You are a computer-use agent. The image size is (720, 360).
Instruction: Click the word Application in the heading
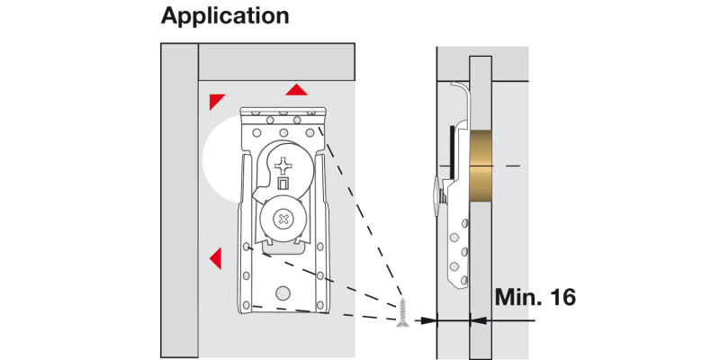(x=225, y=16)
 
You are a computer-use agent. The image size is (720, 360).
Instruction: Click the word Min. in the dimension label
(x=516, y=297)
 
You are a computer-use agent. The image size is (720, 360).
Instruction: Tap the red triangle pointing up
(x=295, y=90)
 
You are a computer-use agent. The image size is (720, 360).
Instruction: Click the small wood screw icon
(x=402, y=314)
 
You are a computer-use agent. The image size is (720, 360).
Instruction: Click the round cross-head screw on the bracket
(x=283, y=219)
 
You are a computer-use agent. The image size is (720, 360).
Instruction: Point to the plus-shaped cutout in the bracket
(x=285, y=166)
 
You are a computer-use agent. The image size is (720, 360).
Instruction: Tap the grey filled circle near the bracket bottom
(x=284, y=292)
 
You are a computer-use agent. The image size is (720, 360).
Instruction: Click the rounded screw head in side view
(x=436, y=193)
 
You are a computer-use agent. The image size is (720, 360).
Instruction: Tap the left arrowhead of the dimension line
(x=429, y=318)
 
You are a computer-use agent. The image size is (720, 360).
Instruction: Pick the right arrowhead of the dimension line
(x=476, y=318)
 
